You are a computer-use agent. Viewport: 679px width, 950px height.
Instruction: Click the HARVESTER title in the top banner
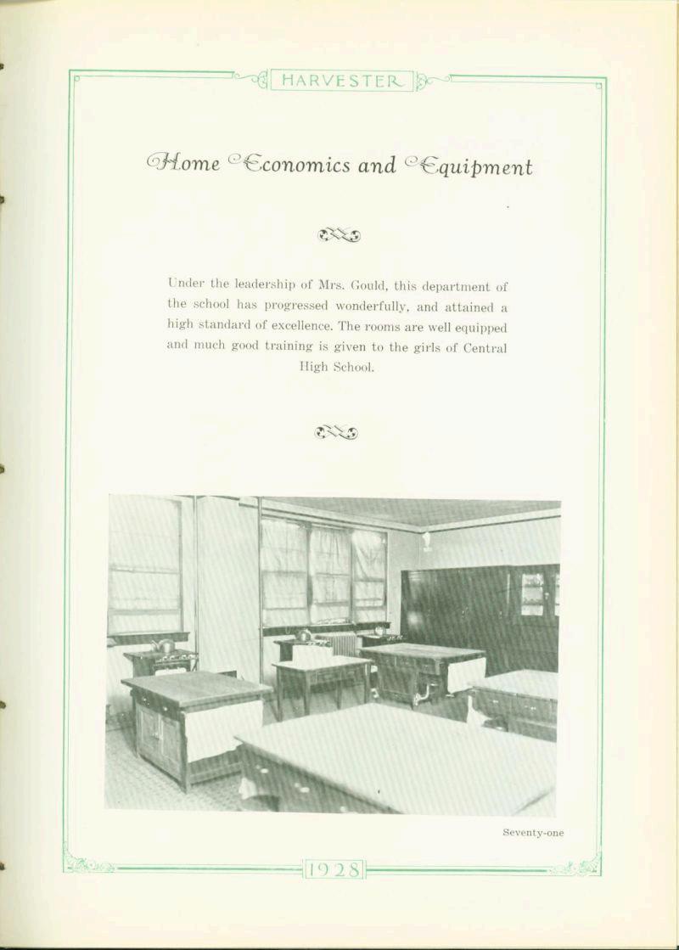(341, 82)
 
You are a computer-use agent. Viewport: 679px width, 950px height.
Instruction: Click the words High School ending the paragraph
(336, 367)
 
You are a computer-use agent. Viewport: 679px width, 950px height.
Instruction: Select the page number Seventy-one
(533, 833)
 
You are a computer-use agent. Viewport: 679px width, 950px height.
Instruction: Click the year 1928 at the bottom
(335, 869)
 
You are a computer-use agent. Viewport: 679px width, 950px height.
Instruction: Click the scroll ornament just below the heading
(339, 234)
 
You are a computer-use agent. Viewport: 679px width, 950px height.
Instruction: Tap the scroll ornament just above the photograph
(336, 433)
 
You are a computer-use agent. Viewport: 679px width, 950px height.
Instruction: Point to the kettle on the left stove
(164, 646)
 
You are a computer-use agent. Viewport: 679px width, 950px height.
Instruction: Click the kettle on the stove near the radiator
(302, 634)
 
